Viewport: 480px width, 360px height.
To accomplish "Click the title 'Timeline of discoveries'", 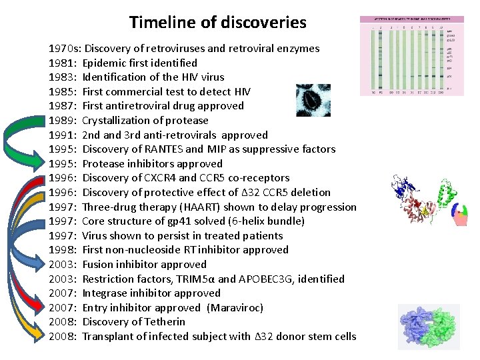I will [218, 22].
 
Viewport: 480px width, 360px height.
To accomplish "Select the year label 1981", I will [62, 63].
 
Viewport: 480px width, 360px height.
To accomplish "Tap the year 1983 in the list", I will [62, 77].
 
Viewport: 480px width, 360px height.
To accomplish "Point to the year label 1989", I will [62, 121].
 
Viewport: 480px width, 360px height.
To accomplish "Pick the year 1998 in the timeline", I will [62, 250].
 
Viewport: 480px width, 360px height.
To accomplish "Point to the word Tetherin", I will [164, 322].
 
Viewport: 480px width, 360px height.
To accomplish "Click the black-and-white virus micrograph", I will [313, 100].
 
